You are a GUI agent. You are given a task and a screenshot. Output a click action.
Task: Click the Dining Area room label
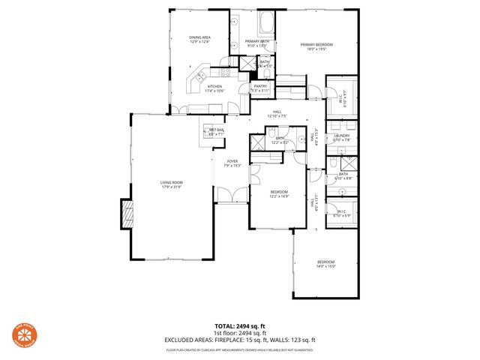coord(199,39)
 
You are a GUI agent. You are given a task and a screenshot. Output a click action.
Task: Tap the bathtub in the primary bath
coord(267,21)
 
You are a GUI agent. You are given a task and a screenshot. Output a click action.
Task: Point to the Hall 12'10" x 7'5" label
coord(277,113)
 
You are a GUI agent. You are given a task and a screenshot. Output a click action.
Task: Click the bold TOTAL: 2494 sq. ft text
coord(240,326)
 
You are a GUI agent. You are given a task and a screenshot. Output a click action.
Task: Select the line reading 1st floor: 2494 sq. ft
coord(240,333)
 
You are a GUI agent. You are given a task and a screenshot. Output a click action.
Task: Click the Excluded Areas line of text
coord(240,340)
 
